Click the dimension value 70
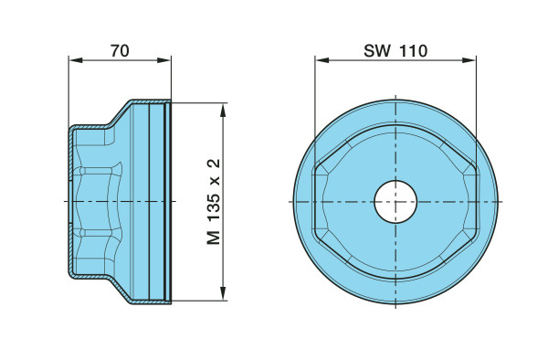120,51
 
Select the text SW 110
395,50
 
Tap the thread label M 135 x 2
214,202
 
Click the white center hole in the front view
395,202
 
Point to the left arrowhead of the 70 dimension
76,60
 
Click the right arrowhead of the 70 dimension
163,60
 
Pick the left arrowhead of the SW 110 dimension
322,60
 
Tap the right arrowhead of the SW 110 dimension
469,60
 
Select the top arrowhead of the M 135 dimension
224,110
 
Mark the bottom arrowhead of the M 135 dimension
224,293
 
